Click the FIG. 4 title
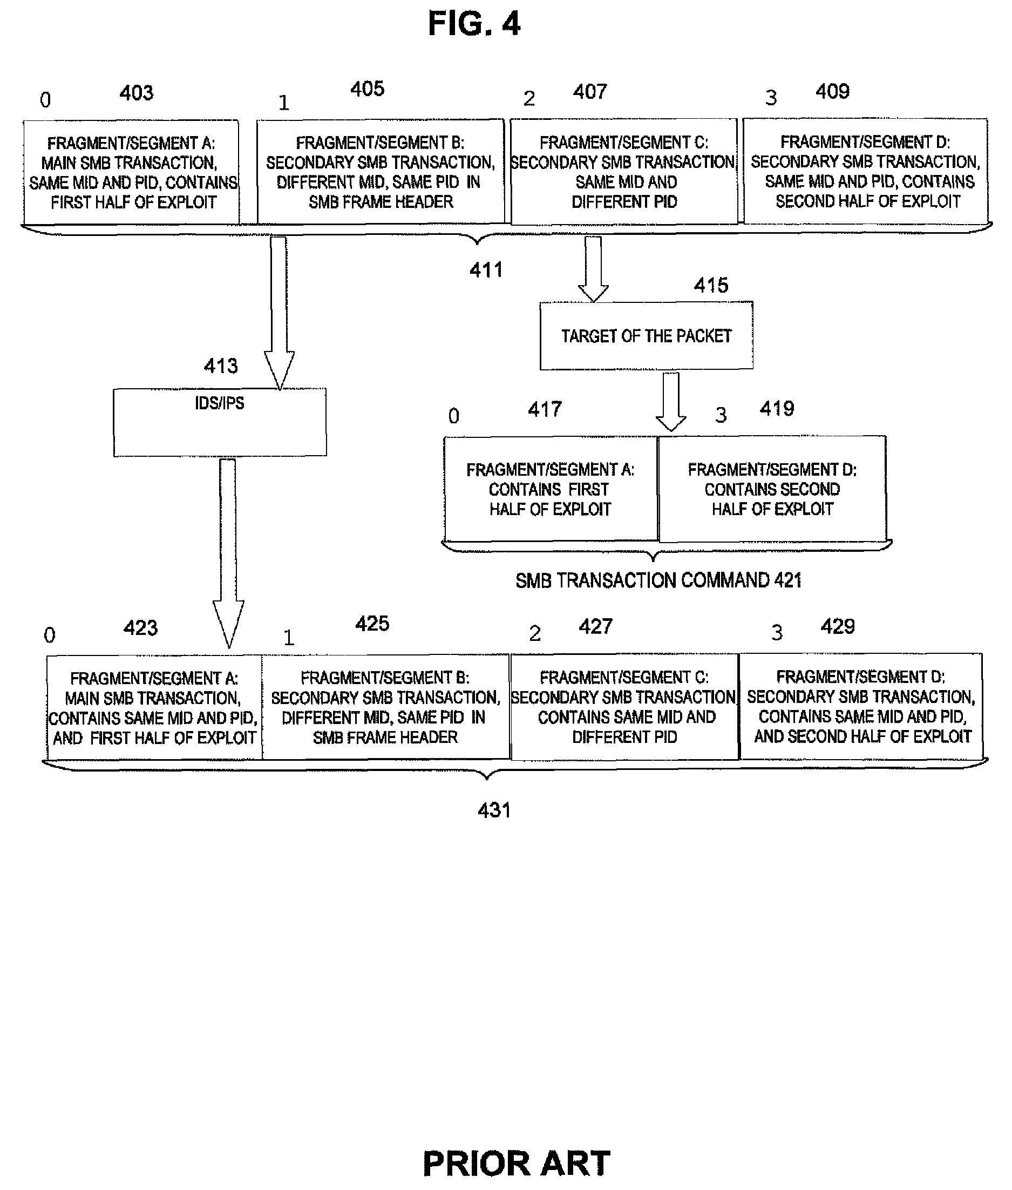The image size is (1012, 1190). (474, 24)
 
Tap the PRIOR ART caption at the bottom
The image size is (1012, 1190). (517, 1164)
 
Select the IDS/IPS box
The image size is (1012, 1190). (220, 422)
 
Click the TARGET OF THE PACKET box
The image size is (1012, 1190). (646, 336)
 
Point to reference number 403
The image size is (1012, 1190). (137, 93)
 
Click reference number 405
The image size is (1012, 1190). (367, 89)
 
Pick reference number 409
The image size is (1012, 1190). (832, 91)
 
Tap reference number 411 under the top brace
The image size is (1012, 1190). (486, 269)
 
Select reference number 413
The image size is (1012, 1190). (221, 366)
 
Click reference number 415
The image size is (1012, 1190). (711, 285)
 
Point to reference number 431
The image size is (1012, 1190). (494, 810)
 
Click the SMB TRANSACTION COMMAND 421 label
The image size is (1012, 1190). (658, 580)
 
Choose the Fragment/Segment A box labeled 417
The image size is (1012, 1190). (551, 488)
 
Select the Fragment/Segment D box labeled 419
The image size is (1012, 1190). (772, 488)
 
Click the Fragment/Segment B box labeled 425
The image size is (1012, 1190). (385, 707)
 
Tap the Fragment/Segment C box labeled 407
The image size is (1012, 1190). (624, 172)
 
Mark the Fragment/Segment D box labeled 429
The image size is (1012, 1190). (861, 706)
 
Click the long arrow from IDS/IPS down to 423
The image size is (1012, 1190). (228, 553)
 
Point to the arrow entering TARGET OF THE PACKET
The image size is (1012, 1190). (593, 268)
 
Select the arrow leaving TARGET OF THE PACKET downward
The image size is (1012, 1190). (671, 402)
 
